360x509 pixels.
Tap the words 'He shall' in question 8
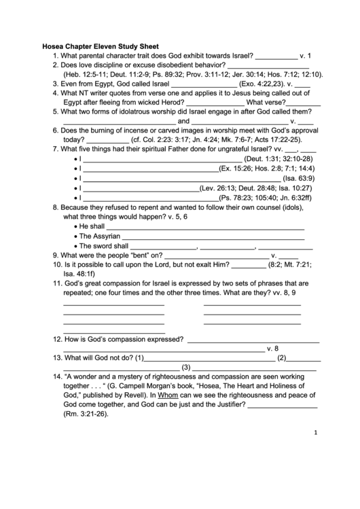92,226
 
